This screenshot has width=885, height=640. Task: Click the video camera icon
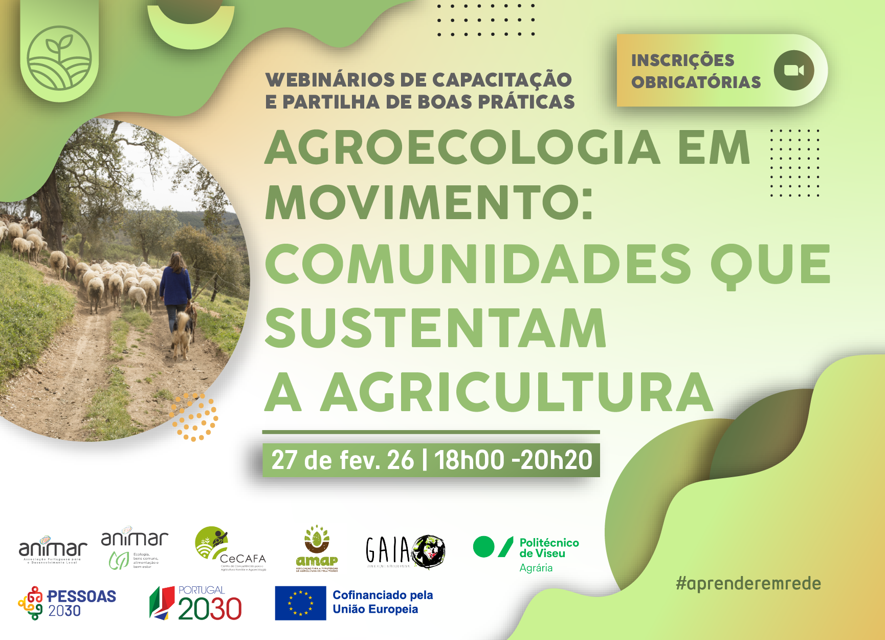tap(793, 70)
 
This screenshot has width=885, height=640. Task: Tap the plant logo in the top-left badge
tap(59, 58)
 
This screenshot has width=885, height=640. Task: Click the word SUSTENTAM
tap(435, 328)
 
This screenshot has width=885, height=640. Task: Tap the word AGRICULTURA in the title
tap(517, 392)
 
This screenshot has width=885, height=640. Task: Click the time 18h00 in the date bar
tap(469, 460)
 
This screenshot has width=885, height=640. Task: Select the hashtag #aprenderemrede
tap(748, 583)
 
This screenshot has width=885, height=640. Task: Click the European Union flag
tap(300, 603)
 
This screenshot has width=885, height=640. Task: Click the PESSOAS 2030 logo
tap(67, 603)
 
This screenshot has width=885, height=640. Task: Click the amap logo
tap(317, 549)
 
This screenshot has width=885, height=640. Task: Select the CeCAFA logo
tap(230, 548)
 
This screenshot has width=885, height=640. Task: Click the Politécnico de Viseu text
tap(549, 548)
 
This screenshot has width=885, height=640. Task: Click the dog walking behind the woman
tap(182, 333)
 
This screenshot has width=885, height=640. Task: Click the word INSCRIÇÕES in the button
tap(682, 60)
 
